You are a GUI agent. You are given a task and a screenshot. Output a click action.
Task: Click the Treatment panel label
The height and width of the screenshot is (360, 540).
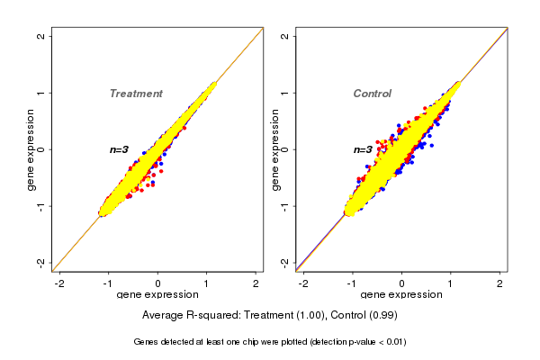coord(136,94)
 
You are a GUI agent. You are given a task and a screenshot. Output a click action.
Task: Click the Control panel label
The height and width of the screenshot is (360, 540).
coord(373,94)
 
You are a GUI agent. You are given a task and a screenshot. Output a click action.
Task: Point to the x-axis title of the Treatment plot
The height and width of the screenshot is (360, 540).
coord(158,295)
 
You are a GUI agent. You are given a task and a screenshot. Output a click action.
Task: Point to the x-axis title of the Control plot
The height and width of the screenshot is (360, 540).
coord(401,295)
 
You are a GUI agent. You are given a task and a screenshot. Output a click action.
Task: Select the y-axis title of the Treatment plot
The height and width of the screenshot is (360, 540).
coord(31,149)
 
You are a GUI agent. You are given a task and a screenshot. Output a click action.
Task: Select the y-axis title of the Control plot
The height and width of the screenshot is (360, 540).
coord(275,149)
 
